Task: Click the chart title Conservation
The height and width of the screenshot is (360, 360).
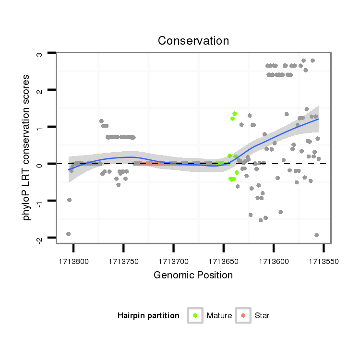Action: [193, 41]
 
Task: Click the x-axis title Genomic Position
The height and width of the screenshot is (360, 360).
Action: [193, 276]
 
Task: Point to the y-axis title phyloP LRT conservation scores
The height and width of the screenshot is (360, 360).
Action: [27, 147]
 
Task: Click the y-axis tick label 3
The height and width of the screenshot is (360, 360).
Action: [40, 54]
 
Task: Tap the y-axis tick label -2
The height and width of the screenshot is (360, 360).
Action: [40, 238]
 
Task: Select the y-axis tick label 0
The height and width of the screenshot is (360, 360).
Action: [40, 164]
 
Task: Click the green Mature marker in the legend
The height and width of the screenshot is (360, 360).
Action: [195, 315]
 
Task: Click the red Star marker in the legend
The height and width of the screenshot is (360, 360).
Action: [243, 315]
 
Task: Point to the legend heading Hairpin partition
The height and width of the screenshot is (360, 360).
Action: [148, 316]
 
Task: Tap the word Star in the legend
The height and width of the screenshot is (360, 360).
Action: [262, 316]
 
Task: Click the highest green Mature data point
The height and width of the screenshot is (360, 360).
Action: [235, 114]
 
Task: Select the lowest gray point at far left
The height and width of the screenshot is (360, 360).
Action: [68, 234]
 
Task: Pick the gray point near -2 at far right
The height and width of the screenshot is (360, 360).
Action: [317, 235]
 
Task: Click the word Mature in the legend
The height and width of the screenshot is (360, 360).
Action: [219, 316]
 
